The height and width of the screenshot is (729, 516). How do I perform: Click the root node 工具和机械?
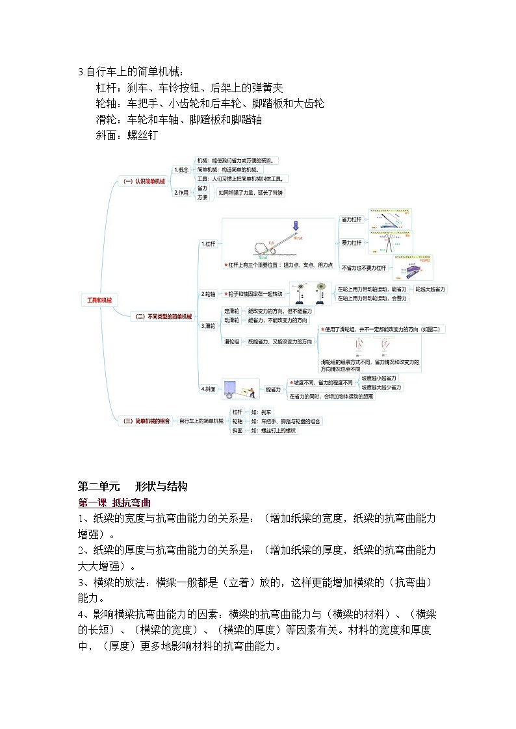click(x=99, y=300)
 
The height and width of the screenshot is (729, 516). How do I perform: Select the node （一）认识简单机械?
click(x=144, y=182)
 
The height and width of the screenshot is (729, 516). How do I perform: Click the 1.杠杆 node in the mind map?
click(x=208, y=243)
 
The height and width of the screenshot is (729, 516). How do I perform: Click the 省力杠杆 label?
click(x=352, y=220)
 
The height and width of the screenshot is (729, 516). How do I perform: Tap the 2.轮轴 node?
click(x=208, y=293)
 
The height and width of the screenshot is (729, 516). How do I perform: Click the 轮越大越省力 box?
click(x=431, y=289)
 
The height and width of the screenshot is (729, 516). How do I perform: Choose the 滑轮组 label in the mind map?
click(x=231, y=341)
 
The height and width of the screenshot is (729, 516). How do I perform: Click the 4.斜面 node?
click(x=208, y=388)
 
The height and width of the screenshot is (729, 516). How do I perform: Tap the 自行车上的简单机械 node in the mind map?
click(x=201, y=421)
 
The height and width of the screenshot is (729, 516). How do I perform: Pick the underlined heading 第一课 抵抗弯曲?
click(x=114, y=502)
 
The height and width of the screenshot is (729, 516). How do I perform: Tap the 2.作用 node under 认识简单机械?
click(x=181, y=192)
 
